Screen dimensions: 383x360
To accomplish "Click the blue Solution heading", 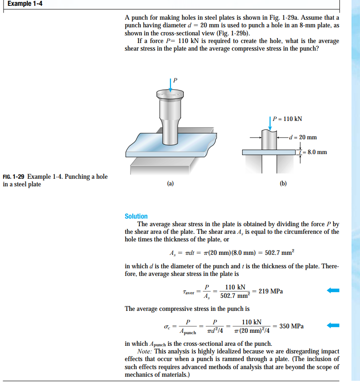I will tap(136, 216).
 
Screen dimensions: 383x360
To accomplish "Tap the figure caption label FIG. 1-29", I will tap(13, 176).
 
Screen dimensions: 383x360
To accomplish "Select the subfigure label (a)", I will tap(170, 183).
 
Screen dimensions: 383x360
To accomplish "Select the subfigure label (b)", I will tap(283, 183).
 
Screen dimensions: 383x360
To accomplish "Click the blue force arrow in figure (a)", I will tap(171, 85).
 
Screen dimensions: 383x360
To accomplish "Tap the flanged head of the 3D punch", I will tap(171, 95).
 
